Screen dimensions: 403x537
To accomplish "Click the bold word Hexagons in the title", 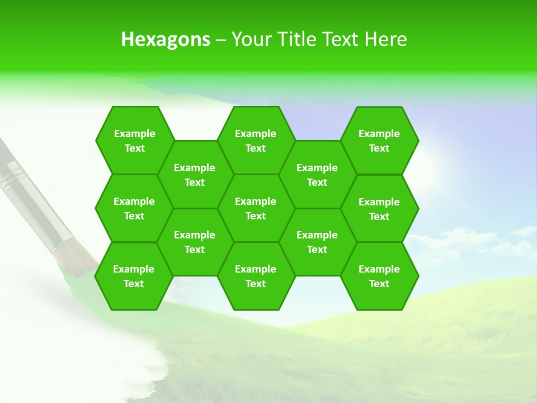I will click(x=166, y=39).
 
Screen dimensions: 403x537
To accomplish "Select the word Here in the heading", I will click(x=385, y=39).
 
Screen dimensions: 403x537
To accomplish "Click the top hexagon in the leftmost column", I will click(x=134, y=140).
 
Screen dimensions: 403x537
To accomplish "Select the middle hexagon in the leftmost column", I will click(x=134, y=208).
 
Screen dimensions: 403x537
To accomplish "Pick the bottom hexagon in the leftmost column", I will click(x=134, y=276).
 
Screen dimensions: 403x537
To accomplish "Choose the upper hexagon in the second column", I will click(x=195, y=175).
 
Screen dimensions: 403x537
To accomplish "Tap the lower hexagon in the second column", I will click(x=195, y=242).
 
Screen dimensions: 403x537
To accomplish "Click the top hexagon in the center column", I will click(x=256, y=140).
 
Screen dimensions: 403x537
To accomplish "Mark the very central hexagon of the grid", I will click(x=256, y=208).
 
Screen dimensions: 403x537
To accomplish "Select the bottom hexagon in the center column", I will click(x=256, y=276).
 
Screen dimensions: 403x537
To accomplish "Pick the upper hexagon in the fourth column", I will click(x=317, y=175).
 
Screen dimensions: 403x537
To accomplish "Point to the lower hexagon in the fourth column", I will click(x=317, y=242).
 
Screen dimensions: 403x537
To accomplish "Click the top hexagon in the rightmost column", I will click(x=379, y=140).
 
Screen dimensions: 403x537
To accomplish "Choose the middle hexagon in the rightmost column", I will click(x=379, y=209).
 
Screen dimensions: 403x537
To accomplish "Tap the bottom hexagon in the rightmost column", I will click(x=379, y=276).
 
